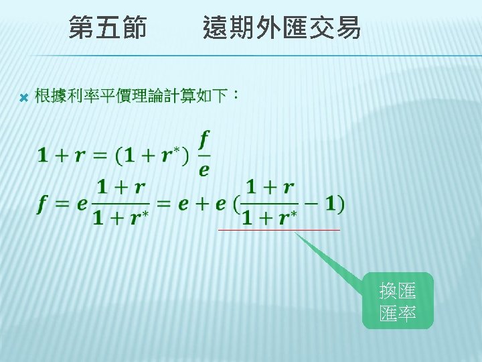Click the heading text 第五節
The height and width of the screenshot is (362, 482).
[108, 28]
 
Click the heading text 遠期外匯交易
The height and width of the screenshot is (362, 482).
[281, 28]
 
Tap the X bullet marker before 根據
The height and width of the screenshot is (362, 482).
[22, 98]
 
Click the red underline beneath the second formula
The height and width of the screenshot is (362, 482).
[279, 230]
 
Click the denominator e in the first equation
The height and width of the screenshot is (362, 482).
[204, 170]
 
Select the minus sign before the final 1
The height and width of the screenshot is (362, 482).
[311, 203]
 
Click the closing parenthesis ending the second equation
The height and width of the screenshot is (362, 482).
[342, 203]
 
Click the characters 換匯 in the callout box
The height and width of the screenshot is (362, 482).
[398, 291]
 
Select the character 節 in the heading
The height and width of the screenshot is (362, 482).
[133, 28]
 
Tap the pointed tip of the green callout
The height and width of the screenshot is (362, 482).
[295, 233]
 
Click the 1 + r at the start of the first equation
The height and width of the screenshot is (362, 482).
[65, 156]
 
